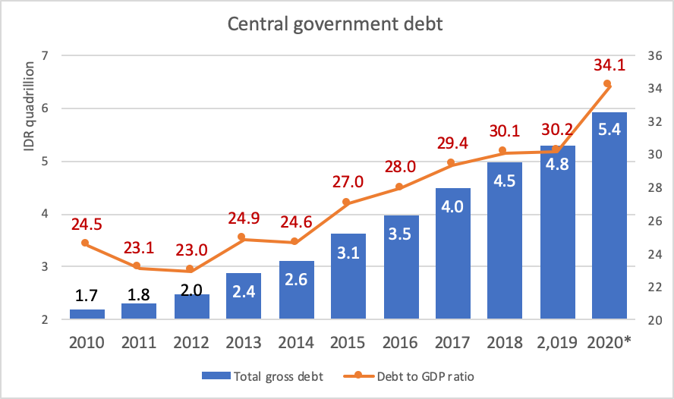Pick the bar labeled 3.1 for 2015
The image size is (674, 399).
click(x=348, y=277)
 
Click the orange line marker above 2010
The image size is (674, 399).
click(x=85, y=243)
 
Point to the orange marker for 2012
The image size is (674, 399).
click(x=190, y=270)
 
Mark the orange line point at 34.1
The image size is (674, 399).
click(x=607, y=84)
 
